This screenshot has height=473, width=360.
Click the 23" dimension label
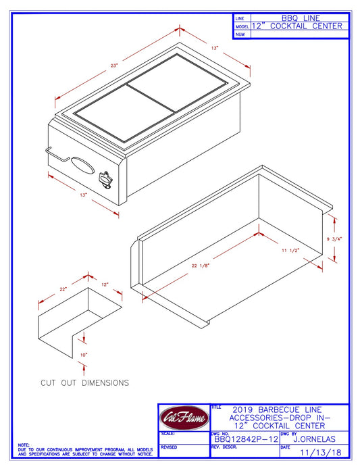115,66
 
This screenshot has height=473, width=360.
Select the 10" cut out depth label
83,354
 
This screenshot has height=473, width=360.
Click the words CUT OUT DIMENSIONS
84,382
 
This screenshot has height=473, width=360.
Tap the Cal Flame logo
183,417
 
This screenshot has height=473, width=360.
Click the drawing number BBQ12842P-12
243,439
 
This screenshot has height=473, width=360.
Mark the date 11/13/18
320,453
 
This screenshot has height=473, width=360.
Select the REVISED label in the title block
169,447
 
